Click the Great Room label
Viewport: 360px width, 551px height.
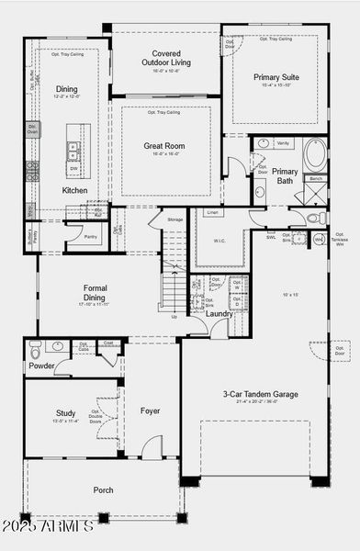click(165, 146)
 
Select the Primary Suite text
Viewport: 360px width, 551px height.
click(276, 77)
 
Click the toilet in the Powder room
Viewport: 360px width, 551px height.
click(35, 349)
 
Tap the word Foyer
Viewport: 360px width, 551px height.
click(151, 410)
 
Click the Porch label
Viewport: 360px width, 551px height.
click(104, 489)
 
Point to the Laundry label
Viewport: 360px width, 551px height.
click(219, 314)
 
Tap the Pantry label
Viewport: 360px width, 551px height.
click(90, 237)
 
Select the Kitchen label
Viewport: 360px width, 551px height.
click(74, 190)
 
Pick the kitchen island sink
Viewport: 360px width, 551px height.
click(73, 151)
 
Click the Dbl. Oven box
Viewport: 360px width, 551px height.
click(32, 130)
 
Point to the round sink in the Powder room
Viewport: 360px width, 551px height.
click(58, 347)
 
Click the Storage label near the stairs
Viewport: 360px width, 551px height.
click(174, 219)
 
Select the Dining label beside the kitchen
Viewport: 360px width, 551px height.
click(66, 89)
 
